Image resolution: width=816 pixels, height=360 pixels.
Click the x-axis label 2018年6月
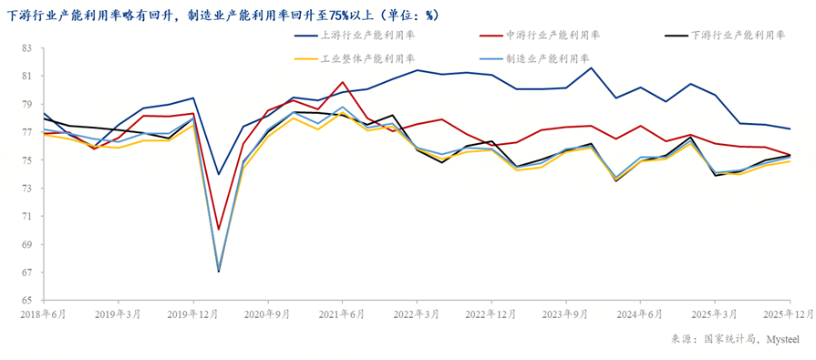tap(44, 314)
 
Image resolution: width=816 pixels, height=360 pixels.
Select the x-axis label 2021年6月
tap(342, 314)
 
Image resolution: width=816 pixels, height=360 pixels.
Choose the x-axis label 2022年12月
tap(491, 314)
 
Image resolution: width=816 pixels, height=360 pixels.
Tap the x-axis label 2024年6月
tap(640, 314)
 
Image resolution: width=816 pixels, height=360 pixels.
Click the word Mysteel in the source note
tap(782, 338)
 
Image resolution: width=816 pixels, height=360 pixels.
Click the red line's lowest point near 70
tap(219, 230)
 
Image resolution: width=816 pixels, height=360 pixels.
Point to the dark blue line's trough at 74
tap(219, 174)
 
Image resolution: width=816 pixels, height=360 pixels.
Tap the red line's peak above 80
tap(343, 82)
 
